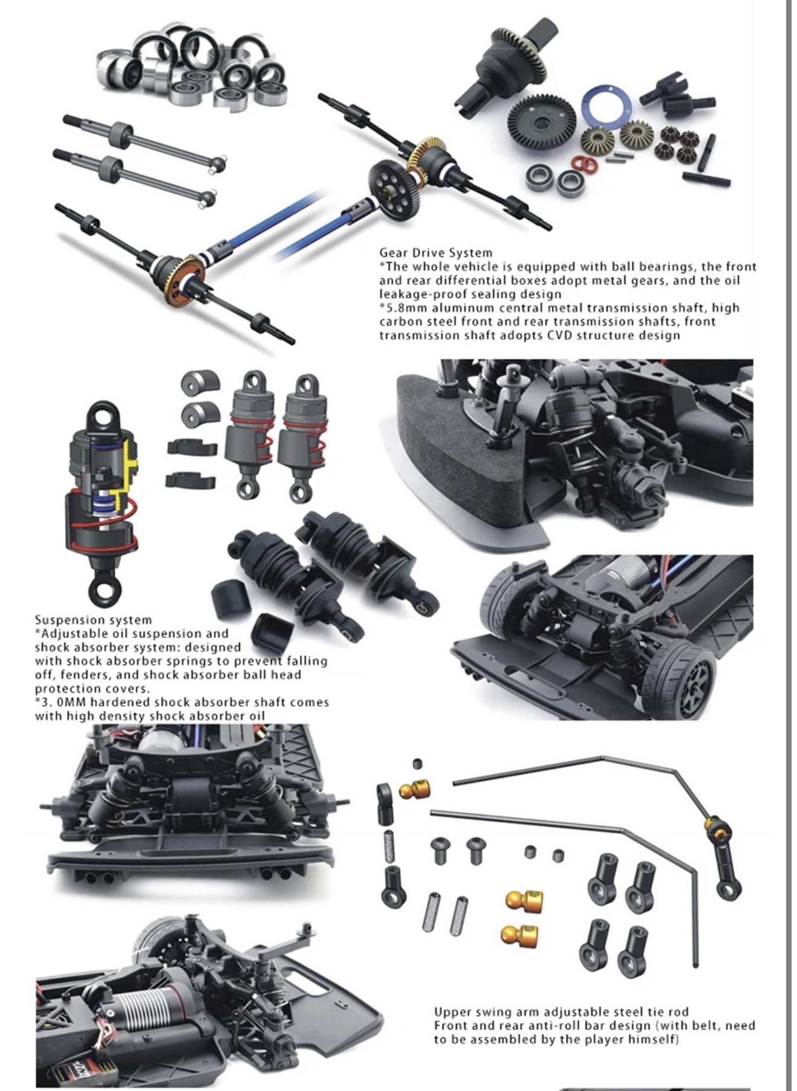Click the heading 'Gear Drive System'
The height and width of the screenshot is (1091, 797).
pos(435,253)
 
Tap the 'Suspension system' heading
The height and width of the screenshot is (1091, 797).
pos(93,620)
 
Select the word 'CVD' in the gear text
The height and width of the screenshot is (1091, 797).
pos(560,336)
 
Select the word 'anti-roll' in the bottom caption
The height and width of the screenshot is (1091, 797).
pos(559,1026)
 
